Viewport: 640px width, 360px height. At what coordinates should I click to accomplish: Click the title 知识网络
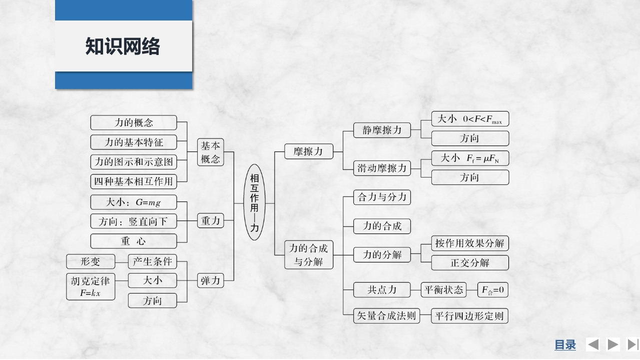tap(123, 46)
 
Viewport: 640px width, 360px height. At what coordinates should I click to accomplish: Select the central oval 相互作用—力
tap(255, 203)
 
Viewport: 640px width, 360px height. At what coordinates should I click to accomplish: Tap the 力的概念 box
tap(134, 122)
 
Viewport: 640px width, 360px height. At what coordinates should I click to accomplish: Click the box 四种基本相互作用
tap(134, 181)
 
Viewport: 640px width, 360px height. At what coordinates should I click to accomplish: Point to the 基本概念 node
tap(210, 152)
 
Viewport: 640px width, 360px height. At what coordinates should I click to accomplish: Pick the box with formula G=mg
tap(134, 202)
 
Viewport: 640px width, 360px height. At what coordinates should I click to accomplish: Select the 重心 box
tap(134, 241)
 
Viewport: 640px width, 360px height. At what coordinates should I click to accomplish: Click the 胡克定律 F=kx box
tap(91, 286)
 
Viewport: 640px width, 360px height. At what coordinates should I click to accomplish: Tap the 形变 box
tap(91, 261)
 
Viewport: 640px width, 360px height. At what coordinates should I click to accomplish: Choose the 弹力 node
tap(210, 280)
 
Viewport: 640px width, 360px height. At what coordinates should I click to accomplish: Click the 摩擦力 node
tap(309, 151)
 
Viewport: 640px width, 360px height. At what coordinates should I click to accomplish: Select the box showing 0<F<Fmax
tap(470, 119)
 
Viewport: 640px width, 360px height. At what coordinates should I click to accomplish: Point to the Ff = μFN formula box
tap(470, 158)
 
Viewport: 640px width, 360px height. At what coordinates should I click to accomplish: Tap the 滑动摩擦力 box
tap(382, 168)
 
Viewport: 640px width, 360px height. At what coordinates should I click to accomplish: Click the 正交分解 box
tap(470, 262)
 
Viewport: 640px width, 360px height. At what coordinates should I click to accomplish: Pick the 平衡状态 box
tap(443, 289)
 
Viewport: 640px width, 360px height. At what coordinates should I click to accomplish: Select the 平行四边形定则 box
tap(470, 316)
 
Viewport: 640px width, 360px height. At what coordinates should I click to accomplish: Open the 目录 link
tap(565, 344)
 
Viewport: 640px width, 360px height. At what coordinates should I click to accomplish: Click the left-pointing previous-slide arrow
tap(593, 344)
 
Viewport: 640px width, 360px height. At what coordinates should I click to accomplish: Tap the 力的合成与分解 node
tap(309, 254)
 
